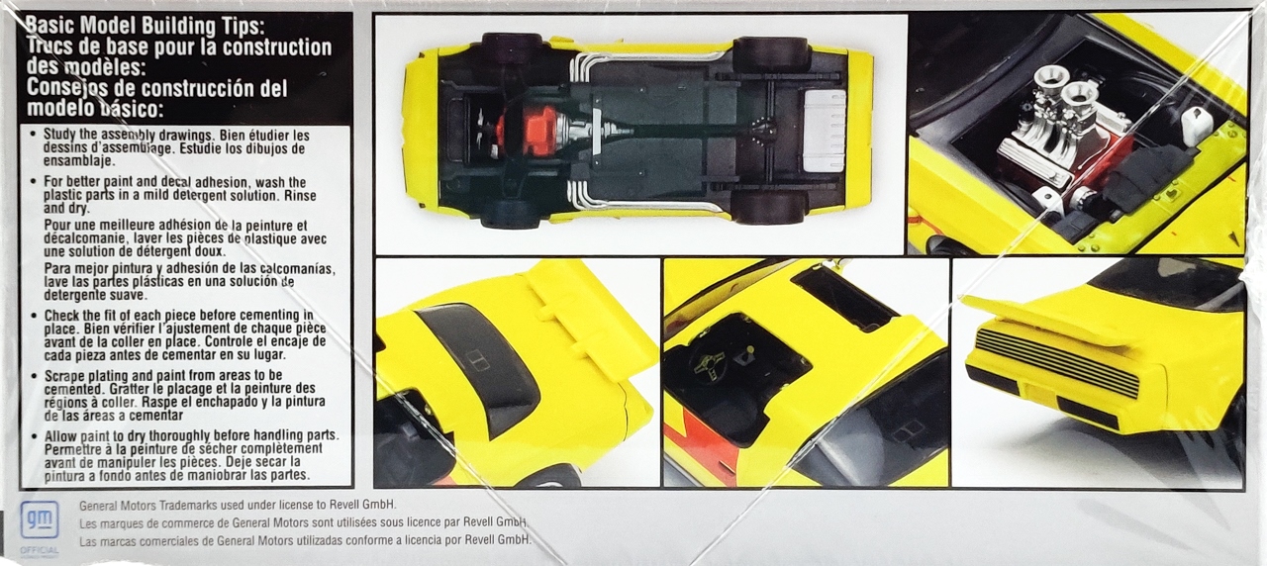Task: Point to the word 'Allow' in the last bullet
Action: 62,435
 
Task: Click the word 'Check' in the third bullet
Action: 64,316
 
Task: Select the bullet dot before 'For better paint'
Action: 33,182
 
